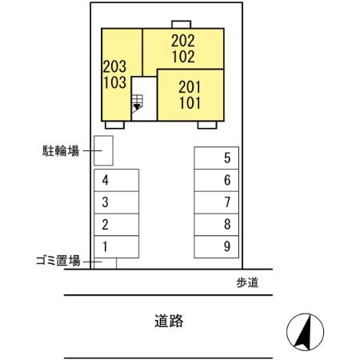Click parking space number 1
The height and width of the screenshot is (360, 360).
(x=116, y=246)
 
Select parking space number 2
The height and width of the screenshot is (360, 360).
(x=116, y=224)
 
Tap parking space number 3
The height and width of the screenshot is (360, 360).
(x=116, y=202)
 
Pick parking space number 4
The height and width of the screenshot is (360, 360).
(x=116, y=179)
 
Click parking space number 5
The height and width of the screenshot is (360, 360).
(x=217, y=158)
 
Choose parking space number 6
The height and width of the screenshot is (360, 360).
(x=217, y=180)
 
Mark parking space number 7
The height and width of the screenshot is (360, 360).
(x=217, y=202)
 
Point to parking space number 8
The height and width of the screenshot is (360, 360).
(x=217, y=224)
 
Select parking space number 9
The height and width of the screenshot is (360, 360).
(x=217, y=246)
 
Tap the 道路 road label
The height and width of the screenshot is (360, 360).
(x=169, y=322)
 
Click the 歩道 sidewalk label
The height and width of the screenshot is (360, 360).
(x=247, y=282)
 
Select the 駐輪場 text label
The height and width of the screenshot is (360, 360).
(x=60, y=150)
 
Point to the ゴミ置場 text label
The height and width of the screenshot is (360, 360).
(x=57, y=261)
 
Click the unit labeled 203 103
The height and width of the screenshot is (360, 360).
(x=114, y=74)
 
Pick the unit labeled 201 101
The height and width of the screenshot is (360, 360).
(x=190, y=94)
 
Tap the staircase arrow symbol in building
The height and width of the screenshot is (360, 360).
(x=137, y=104)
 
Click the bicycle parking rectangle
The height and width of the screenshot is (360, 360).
(x=103, y=150)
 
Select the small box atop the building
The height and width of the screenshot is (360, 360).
(x=182, y=23)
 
